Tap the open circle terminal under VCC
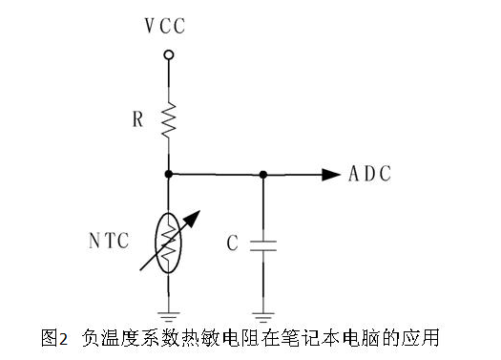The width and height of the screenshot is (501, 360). pos(169,55)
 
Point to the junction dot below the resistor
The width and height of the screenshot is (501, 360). pos(169,174)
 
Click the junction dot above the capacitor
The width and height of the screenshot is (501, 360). pos(262,174)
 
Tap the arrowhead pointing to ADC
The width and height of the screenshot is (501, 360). pos(330,174)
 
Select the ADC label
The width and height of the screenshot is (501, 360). pos(370,174)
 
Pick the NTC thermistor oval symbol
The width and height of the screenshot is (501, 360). pos(169,243)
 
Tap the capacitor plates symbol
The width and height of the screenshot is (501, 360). pos(262,244)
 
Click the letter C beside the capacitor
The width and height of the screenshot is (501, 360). pos(232,244)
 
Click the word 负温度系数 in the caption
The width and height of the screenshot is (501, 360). pos(126,338)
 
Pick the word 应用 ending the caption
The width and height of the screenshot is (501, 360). pos(419,338)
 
